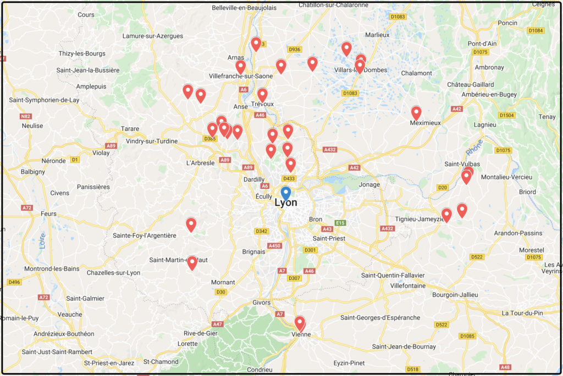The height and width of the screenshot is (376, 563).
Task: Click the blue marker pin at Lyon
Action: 285,194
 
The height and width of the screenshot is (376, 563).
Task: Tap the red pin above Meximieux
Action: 416,113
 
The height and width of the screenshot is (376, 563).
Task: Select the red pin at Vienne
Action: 300,323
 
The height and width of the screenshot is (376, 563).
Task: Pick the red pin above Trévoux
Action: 262,95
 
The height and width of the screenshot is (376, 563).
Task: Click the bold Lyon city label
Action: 286,203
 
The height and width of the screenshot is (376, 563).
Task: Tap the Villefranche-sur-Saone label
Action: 241,76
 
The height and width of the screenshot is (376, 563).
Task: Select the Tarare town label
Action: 130,129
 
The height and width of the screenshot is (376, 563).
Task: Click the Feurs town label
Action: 48,214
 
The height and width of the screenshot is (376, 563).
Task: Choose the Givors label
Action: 262,302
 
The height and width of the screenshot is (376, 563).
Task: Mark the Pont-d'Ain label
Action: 482,43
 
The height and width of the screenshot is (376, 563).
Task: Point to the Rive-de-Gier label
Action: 201,333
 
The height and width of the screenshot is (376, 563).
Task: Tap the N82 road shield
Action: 26,116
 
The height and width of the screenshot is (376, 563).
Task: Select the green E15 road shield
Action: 341,223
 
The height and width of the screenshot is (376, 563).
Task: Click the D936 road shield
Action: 295,49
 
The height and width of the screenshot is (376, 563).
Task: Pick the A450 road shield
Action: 274,245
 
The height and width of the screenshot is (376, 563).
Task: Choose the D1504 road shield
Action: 506,115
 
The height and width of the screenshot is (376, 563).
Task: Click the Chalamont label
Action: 417,73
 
